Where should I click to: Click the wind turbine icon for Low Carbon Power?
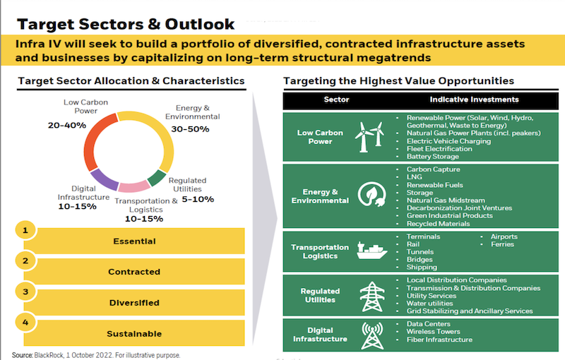(x=369, y=136)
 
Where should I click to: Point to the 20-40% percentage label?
(x=67, y=125)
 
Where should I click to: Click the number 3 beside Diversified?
(x=25, y=291)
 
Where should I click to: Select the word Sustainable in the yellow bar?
(x=133, y=333)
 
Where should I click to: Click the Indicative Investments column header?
(x=474, y=100)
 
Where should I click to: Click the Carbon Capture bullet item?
(x=433, y=169)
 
